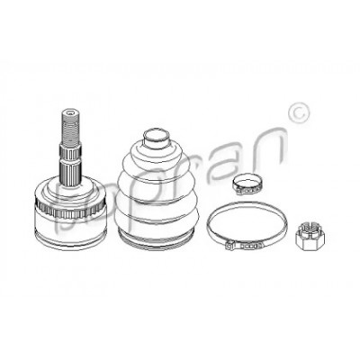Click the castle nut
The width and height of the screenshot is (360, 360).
pyautogui.click(x=310, y=237)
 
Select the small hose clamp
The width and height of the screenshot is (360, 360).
pyautogui.click(x=247, y=184)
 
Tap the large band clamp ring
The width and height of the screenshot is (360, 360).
pyautogui.click(x=247, y=224)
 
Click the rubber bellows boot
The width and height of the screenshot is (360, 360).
pyautogui.click(x=156, y=188)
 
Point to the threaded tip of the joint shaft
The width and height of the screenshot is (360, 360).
pyautogui.click(x=71, y=127)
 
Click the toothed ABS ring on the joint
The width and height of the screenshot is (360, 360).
pyautogui.click(x=71, y=207)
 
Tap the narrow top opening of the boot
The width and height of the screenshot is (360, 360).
pyautogui.click(x=156, y=139)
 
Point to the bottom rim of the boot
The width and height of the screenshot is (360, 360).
pyautogui.click(x=156, y=238)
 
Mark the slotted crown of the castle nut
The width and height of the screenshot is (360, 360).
pyautogui.click(x=310, y=229)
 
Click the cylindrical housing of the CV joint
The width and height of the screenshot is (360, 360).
pyautogui.click(x=71, y=223)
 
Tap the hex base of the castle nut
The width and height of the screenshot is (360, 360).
pyautogui.click(x=310, y=242)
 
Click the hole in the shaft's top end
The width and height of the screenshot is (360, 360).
pyautogui.click(x=71, y=113)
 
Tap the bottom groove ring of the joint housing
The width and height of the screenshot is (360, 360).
pyautogui.click(x=71, y=240)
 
